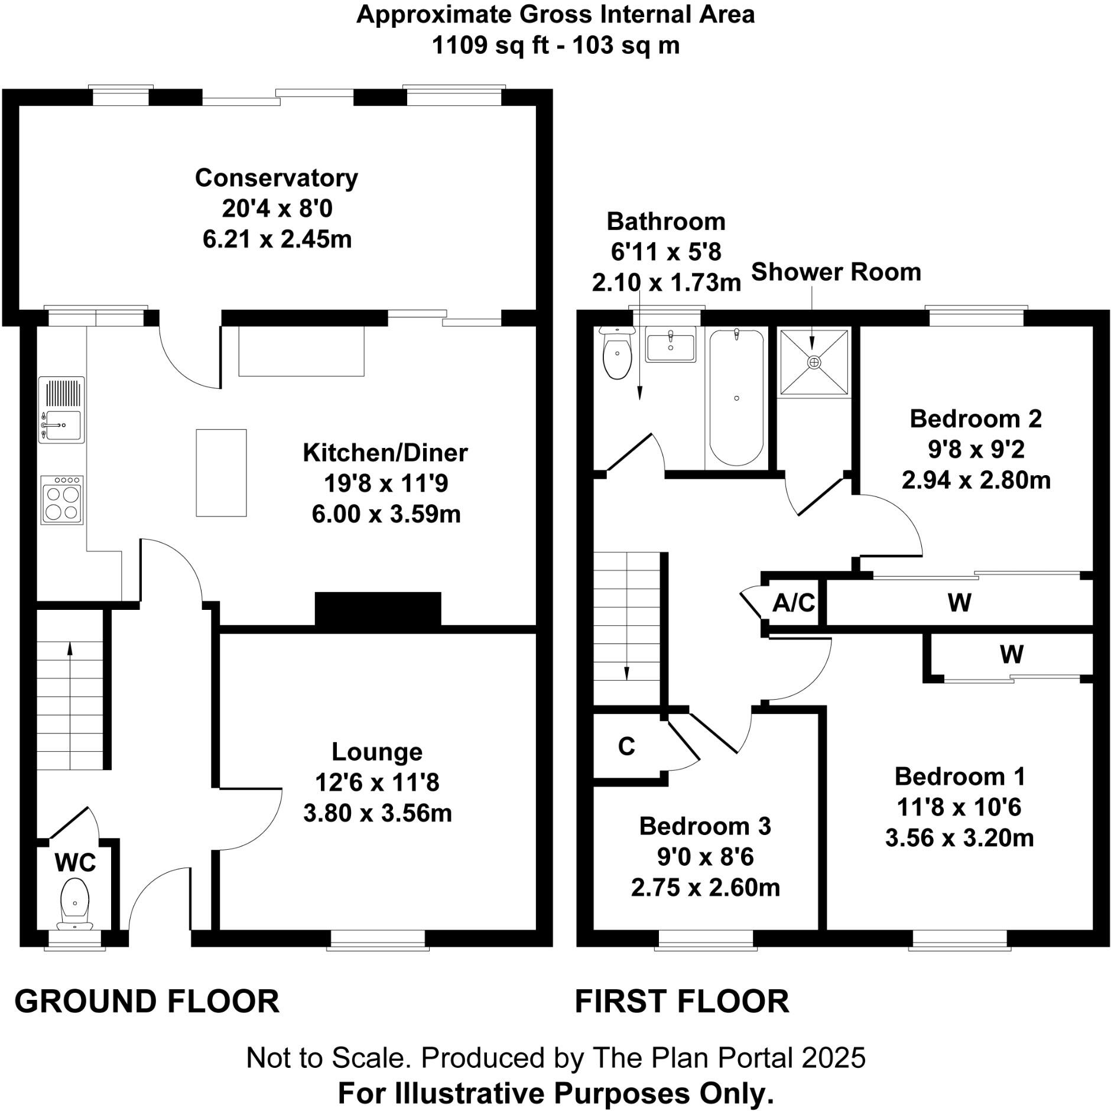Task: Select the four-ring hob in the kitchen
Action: point(62,500)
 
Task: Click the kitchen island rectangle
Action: point(221,473)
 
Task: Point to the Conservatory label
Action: point(276,178)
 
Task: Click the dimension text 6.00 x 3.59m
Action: point(386,514)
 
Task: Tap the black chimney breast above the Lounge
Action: point(378,609)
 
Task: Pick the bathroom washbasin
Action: point(670,346)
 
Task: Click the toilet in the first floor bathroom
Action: point(617,353)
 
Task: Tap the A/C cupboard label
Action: point(794,603)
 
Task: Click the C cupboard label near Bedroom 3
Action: point(626,747)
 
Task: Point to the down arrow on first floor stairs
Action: point(626,673)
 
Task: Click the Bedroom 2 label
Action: point(975,418)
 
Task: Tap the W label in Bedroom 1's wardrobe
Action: point(1011,654)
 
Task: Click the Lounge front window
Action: point(378,938)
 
